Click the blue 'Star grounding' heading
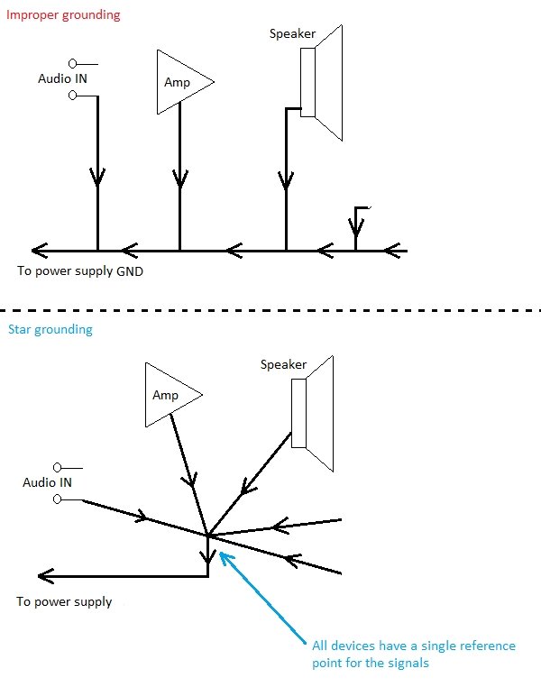tap(50, 329)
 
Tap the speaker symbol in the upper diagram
tap(321, 83)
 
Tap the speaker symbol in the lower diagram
tap(312, 414)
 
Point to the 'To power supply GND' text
tap(80, 270)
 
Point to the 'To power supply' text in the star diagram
tap(64, 601)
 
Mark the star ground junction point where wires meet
tap(208, 536)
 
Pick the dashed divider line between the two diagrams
tap(270, 311)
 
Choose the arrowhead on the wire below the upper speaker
tap(287, 181)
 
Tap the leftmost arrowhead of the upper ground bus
tap(39, 250)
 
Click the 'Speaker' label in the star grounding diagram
tap(283, 365)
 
